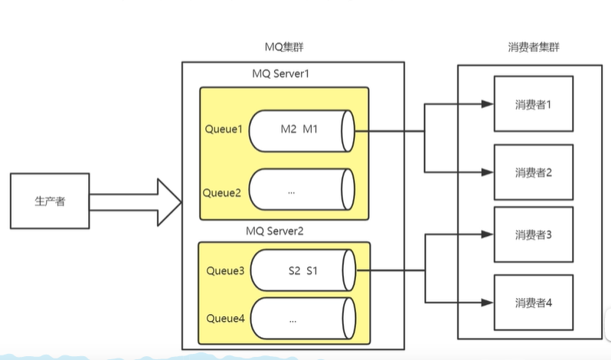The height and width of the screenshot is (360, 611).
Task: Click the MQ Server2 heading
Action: tap(280, 231)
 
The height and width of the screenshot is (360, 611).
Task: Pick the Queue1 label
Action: tap(224, 129)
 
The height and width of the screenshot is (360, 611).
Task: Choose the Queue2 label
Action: tap(224, 192)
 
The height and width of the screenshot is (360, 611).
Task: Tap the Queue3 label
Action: tap(225, 270)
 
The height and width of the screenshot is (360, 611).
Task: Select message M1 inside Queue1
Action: tap(310, 129)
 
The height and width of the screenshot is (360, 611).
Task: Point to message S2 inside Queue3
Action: tap(295, 270)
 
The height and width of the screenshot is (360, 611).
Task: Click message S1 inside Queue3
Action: tap(313, 270)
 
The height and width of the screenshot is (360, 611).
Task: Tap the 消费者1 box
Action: tap(534, 105)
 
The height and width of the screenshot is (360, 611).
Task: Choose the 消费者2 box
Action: tap(534, 172)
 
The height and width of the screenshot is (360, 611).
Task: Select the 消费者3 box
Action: tap(534, 234)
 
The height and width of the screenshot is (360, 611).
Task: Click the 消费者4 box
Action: tap(534, 303)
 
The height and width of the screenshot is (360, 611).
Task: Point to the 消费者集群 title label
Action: tap(533, 48)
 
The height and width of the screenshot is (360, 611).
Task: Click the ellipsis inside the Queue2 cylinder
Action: tap(292, 192)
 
